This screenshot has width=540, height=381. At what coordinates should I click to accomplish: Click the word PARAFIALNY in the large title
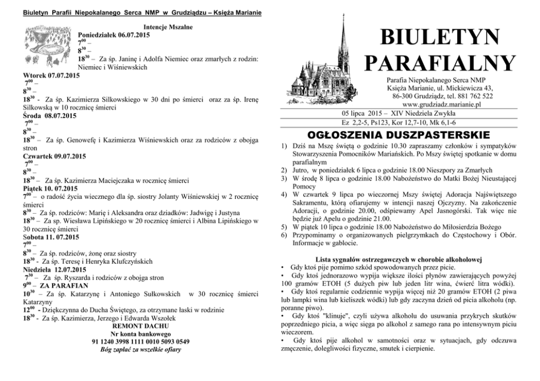tap(439, 63)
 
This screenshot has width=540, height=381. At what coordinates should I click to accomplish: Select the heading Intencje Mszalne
tap(169, 27)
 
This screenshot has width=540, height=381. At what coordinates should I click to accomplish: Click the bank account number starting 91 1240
tap(142, 341)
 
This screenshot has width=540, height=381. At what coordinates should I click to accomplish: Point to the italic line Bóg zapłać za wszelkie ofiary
tap(140, 349)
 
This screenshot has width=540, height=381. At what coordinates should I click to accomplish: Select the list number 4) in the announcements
tap(284, 194)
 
